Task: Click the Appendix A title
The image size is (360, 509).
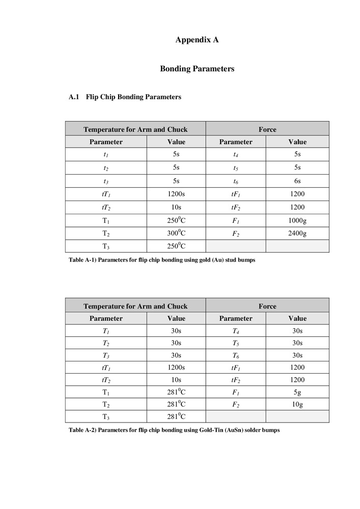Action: click(x=197, y=39)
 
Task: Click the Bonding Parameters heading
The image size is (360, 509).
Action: click(x=197, y=69)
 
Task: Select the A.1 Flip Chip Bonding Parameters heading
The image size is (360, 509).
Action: click(x=125, y=97)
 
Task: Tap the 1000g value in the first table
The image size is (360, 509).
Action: click(x=297, y=220)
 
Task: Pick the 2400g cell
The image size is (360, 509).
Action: click(x=297, y=234)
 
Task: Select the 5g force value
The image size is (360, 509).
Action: click(x=297, y=392)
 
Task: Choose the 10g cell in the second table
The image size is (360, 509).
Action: click(x=297, y=405)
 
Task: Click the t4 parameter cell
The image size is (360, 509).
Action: click(x=235, y=155)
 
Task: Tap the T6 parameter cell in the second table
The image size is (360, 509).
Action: click(x=235, y=356)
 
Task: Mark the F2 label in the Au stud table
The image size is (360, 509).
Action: click(x=235, y=234)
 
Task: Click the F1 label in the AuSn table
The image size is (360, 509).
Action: click(x=235, y=392)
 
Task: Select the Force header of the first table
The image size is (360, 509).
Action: click(x=267, y=129)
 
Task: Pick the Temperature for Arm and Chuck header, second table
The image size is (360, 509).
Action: click(x=135, y=306)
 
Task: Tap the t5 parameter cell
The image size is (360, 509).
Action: click(x=235, y=167)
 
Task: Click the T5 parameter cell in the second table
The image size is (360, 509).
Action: click(x=235, y=343)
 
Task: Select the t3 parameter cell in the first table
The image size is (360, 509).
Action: click(x=106, y=181)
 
